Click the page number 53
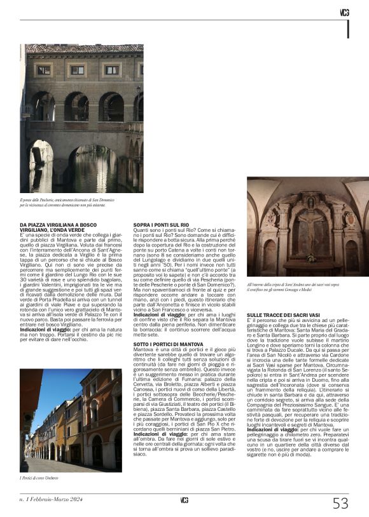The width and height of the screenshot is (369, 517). point(341,504)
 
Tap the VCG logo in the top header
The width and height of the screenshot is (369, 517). point(344,13)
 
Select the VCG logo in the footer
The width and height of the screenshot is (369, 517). point(184,500)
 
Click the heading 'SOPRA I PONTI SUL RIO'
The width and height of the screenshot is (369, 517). point(161,225)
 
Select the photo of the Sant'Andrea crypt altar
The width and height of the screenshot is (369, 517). point(308,226)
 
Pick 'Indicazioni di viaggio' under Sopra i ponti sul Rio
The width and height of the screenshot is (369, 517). point(157,297)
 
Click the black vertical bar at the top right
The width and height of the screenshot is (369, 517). point(347,29)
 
